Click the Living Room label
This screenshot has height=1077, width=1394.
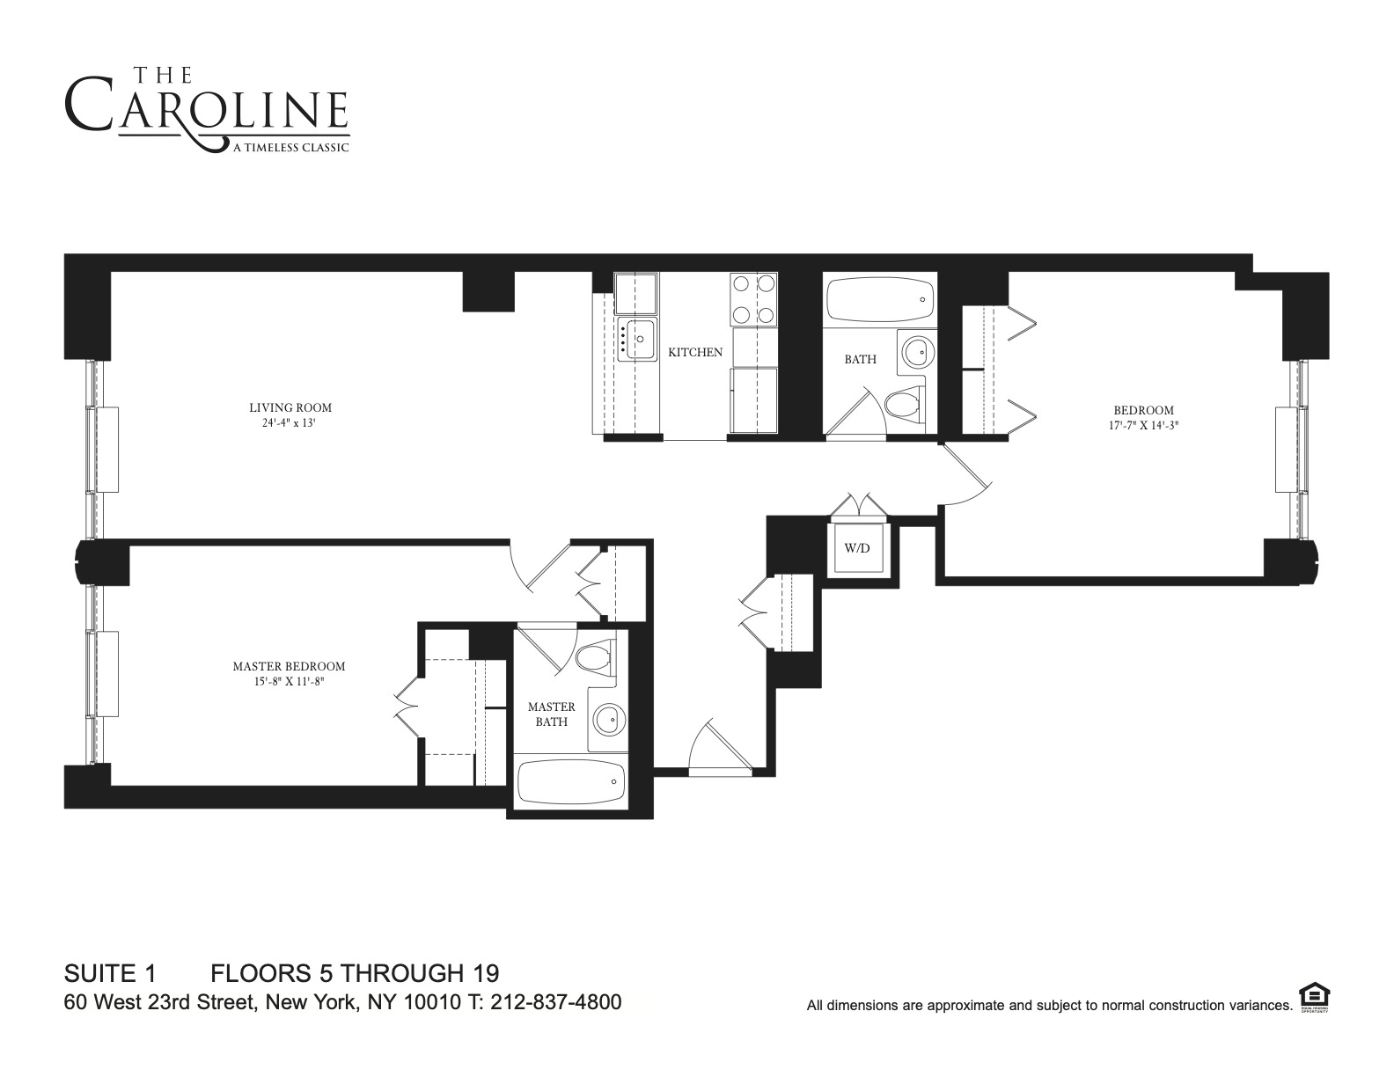pyautogui.click(x=290, y=407)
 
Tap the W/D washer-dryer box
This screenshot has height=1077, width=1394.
pyautogui.click(x=856, y=548)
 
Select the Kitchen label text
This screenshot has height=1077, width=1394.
pyautogui.click(x=695, y=352)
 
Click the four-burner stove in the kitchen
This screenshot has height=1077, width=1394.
pyautogui.click(x=753, y=299)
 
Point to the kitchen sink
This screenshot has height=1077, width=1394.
pyautogui.click(x=637, y=339)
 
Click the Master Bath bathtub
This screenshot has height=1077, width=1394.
pyautogui.click(x=570, y=781)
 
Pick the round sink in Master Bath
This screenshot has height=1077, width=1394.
pyautogui.click(x=607, y=720)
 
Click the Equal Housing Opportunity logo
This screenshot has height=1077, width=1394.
pyautogui.click(x=1314, y=998)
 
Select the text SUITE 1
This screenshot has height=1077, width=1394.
pyautogui.click(x=110, y=973)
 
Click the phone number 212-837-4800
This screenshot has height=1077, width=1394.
pyautogui.click(x=555, y=1002)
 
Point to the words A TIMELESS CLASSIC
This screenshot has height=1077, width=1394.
pyautogui.click(x=290, y=148)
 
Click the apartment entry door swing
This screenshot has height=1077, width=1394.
pyautogui.click(x=719, y=748)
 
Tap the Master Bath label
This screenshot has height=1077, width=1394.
pyautogui.click(x=551, y=714)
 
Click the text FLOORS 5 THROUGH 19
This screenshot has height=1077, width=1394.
pyautogui.click(x=355, y=973)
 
